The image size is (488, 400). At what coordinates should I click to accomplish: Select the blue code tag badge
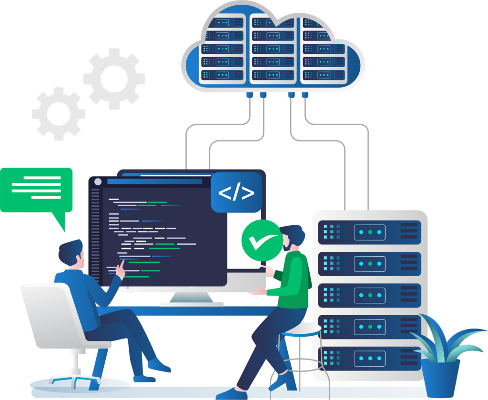pyautogui.click(x=236, y=192)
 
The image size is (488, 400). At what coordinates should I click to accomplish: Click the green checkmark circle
pyautogui.click(x=261, y=240)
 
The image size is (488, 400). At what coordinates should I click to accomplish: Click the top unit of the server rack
pyautogui.click(x=369, y=231)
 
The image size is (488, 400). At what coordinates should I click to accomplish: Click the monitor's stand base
pyautogui.click(x=191, y=303)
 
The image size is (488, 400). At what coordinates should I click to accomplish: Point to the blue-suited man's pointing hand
pyautogui.click(x=121, y=270)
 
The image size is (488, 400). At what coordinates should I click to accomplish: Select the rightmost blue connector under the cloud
pyautogui.click(x=305, y=95)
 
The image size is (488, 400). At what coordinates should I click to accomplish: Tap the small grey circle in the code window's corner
pyautogui.click(x=98, y=181)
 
